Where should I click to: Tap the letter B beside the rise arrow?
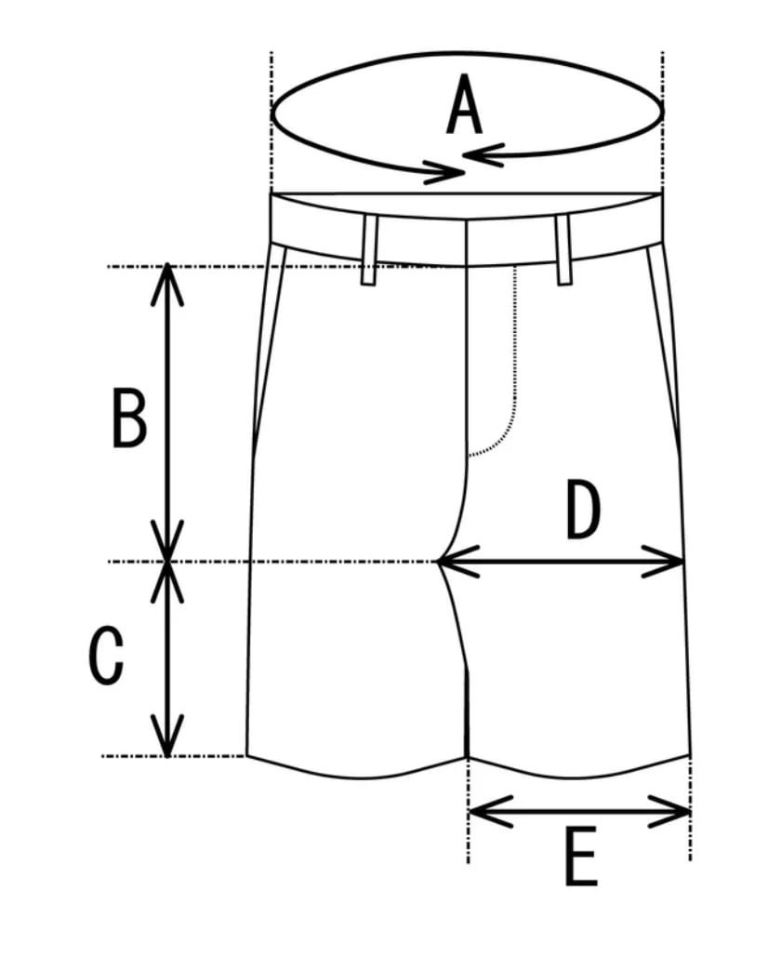(x=129, y=418)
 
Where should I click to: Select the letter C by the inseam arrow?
(x=106, y=656)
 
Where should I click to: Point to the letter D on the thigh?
(x=583, y=511)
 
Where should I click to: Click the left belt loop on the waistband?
(x=369, y=250)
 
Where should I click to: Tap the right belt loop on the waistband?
(x=563, y=249)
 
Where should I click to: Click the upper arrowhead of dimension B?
(x=167, y=279)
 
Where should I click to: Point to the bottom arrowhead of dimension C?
(x=167, y=740)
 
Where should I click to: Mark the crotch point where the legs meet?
(x=439, y=562)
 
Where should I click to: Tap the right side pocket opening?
(x=669, y=353)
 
